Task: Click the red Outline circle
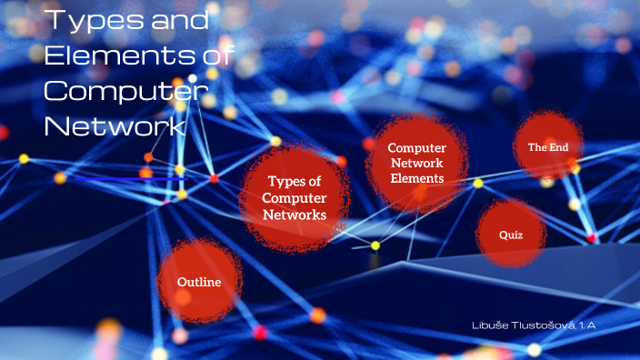(x=199, y=282)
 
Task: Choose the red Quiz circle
(x=510, y=235)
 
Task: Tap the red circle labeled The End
(x=547, y=145)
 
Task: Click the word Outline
(x=199, y=282)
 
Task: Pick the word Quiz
(x=510, y=235)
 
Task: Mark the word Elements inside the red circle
(x=416, y=178)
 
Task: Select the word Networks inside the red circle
(x=294, y=215)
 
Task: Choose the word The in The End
(x=536, y=146)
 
